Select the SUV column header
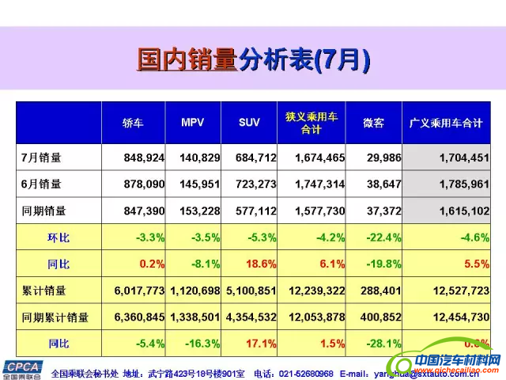(x=249, y=123)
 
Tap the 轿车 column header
(x=133, y=123)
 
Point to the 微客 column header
(x=373, y=123)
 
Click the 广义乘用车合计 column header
(x=446, y=123)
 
